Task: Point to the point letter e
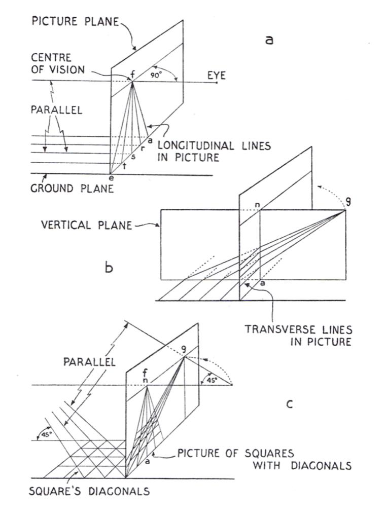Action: pyautogui.click(x=111, y=178)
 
